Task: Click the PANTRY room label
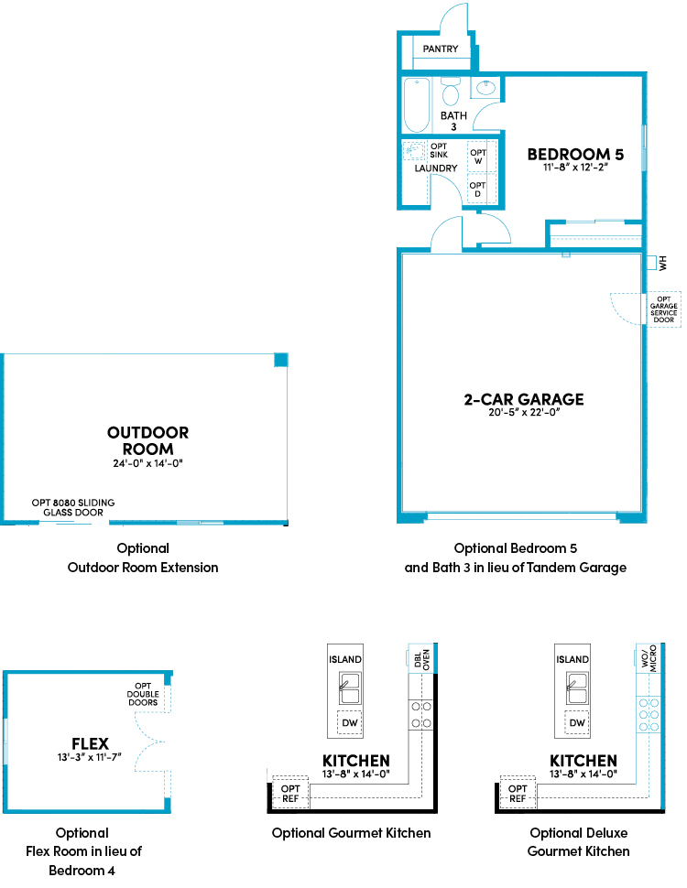tap(441, 49)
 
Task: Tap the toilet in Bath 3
tap(451, 92)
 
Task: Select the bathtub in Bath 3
tap(417, 105)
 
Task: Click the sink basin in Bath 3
tap(485, 88)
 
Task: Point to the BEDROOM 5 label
tap(575, 155)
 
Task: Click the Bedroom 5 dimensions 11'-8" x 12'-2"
tap(575, 167)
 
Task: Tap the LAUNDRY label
tap(436, 168)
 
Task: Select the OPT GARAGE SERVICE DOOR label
tap(664, 309)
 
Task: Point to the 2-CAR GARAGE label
tap(524, 399)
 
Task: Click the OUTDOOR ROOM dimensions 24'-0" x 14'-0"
tap(147, 463)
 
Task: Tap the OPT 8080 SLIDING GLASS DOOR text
tap(73, 507)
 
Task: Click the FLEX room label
tap(90, 743)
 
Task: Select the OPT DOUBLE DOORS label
tap(143, 694)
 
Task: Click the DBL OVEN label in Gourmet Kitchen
tap(421, 659)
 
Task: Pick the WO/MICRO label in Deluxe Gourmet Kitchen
tap(649, 658)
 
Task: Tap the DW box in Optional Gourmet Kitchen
tap(350, 722)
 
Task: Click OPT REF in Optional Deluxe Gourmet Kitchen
tap(518, 794)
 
